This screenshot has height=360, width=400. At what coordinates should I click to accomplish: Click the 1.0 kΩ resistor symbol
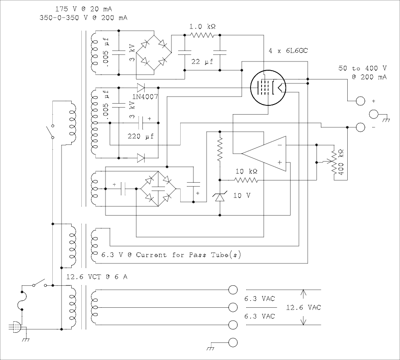[202, 35]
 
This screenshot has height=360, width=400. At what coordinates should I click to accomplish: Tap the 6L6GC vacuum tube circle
[251, 88]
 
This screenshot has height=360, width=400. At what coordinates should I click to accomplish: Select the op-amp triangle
[264, 154]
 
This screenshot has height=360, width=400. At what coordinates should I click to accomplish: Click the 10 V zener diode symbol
[220, 197]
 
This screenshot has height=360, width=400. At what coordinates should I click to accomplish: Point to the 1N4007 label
[145, 97]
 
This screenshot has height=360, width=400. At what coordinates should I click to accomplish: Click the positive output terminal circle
[360, 101]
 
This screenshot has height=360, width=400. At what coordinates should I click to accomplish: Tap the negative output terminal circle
[360, 127]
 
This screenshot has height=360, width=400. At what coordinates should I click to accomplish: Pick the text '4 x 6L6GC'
[288, 51]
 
